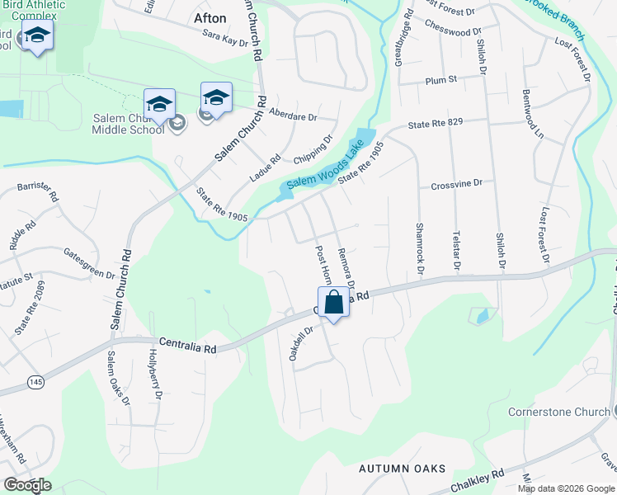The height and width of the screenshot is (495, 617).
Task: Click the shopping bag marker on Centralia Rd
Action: pos(334,302)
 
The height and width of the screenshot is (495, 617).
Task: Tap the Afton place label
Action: pos(210,18)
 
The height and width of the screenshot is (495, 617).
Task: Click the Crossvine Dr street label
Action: pos(456,186)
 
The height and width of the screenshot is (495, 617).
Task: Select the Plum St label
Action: pos(441,80)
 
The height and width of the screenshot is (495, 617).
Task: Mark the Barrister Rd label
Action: pos(38,192)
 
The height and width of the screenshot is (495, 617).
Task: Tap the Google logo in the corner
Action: pos(27,485)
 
